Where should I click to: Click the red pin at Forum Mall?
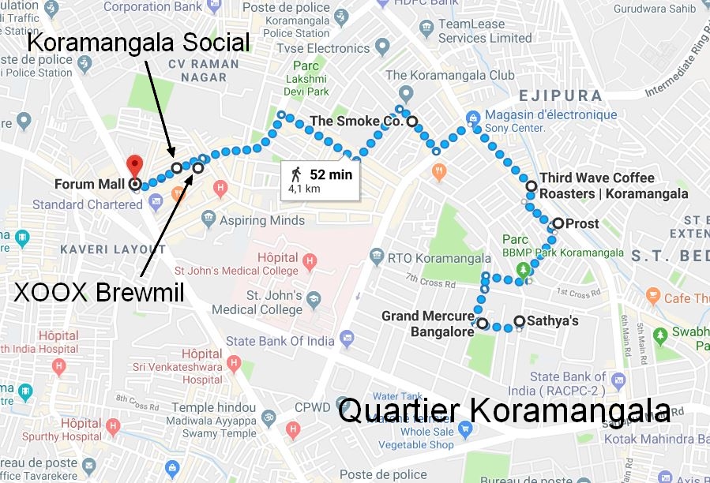(x=134, y=166)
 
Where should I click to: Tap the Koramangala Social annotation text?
(x=138, y=42)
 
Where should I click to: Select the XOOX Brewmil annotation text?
(x=100, y=294)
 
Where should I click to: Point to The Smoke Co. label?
(x=356, y=122)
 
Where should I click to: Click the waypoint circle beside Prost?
(x=558, y=223)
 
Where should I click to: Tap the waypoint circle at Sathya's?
(x=519, y=320)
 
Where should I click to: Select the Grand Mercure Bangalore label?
(x=427, y=324)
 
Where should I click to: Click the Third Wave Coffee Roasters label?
(x=613, y=186)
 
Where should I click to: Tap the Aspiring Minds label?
(x=261, y=220)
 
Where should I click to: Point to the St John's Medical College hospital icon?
(x=310, y=258)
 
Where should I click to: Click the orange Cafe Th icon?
(x=652, y=298)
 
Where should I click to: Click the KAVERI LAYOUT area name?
(x=119, y=249)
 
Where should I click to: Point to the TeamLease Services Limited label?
(x=485, y=31)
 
